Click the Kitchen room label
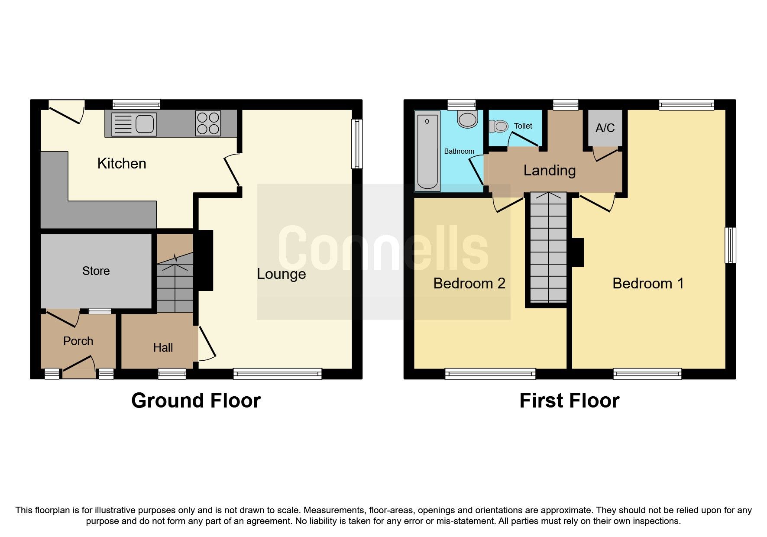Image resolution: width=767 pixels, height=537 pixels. point(122,163)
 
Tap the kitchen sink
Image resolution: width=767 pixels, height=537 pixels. point(134,124)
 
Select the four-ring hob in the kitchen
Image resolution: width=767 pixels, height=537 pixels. point(208,123)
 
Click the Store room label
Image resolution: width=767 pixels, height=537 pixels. point(96,271)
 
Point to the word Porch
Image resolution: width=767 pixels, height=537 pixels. point(78,341)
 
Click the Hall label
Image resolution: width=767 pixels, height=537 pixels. point(163,347)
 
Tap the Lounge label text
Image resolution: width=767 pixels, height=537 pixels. point(281,274)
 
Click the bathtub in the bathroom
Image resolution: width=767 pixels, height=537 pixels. point(427,151)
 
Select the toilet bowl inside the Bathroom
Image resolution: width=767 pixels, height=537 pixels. point(468,119)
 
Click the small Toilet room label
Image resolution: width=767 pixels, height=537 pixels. point(523,126)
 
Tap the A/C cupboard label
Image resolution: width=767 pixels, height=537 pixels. point(605,128)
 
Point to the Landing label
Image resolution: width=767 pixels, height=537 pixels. point(549,171)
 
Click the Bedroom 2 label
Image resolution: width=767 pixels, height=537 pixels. point(469,284)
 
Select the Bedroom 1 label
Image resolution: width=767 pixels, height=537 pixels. point(648,284)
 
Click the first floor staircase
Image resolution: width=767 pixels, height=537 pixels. point(548,247)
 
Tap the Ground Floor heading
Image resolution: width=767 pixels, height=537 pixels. point(196,401)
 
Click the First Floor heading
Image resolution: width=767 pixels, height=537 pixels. point(569,401)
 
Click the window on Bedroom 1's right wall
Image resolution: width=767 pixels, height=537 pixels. point(730,245)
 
